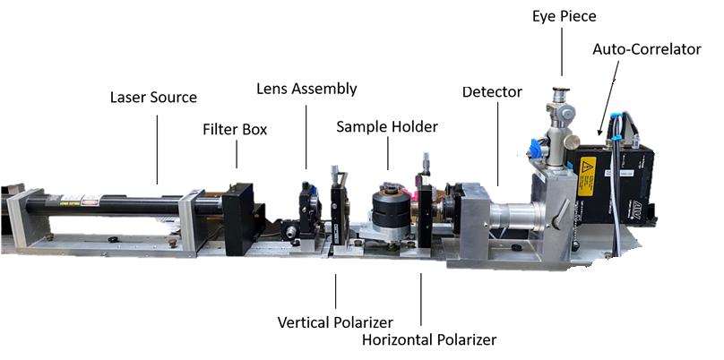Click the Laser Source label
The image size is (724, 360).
(153, 98)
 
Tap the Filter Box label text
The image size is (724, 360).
(235, 129)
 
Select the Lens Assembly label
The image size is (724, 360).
(306, 89)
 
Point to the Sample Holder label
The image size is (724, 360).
(387, 126)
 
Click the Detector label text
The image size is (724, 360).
(492, 92)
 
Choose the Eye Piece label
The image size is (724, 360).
(565, 16)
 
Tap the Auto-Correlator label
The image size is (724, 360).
(646, 49)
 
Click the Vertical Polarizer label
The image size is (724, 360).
(335, 322)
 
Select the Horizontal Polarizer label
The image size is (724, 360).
(429, 340)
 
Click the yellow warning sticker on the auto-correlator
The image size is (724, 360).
(587, 176)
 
